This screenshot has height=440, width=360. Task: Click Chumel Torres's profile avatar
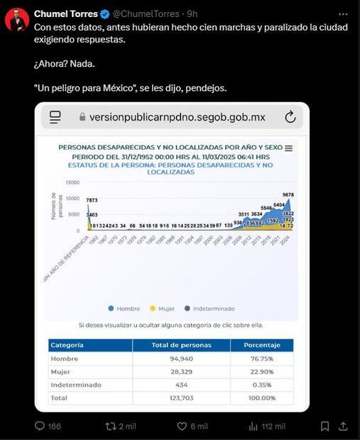click(17, 19)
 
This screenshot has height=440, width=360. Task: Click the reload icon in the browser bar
click(290, 117)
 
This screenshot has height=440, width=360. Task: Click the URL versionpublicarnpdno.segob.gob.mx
click(172, 117)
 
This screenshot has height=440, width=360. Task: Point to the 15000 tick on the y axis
click(72, 182)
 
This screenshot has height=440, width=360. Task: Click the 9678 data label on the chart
click(288, 194)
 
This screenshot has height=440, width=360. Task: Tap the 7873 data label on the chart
click(92, 200)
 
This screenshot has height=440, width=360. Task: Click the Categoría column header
click(67, 345)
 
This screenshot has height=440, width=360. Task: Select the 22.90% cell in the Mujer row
click(261, 371)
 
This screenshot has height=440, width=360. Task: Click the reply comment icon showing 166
click(42, 426)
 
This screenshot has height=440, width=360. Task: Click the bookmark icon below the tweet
click(324, 426)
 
